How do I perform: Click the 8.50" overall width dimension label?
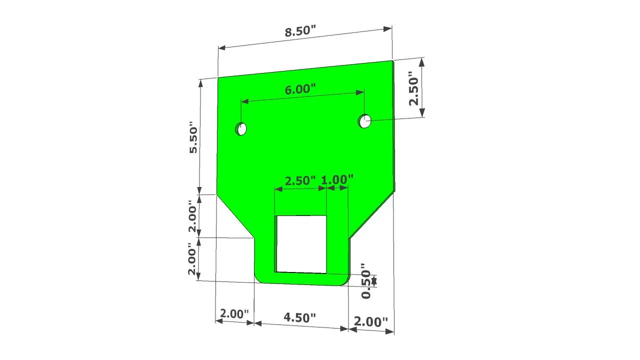coord(300,31)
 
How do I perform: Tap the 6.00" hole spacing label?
coord(300,89)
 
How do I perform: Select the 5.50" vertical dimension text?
coord(193,137)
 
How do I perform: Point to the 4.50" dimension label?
coord(299,317)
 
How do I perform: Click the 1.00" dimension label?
coord(337,180)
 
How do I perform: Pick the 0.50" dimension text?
coord(366,281)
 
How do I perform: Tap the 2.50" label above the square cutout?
coord(300,181)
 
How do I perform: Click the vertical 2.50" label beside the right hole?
coord(413,88)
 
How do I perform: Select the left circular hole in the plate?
coord(241,129)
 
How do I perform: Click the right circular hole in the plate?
coord(364,121)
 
